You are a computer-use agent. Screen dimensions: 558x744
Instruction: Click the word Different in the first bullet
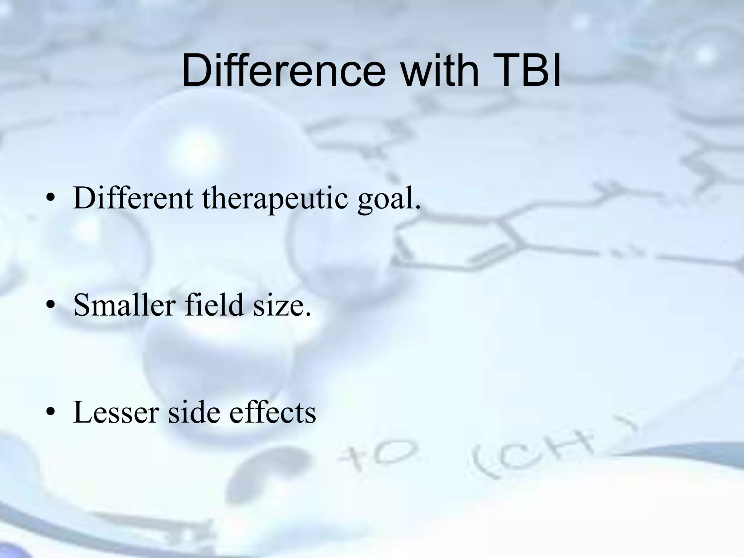(x=133, y=198)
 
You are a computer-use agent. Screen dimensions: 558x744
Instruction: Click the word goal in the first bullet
(x=385, y=200)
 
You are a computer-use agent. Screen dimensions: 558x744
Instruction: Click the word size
(x=280, y=305)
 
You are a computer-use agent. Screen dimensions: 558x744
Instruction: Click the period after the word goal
(x=417, y=208)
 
